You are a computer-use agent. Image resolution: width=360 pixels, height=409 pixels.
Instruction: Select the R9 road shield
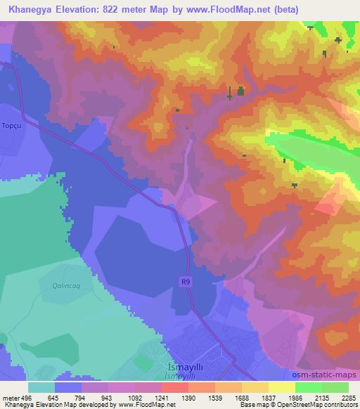183,282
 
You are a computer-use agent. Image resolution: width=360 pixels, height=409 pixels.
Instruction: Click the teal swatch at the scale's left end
41,388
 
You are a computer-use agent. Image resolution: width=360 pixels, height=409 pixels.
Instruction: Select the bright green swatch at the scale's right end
335,388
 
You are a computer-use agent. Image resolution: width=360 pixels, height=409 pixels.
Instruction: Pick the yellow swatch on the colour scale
281,388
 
